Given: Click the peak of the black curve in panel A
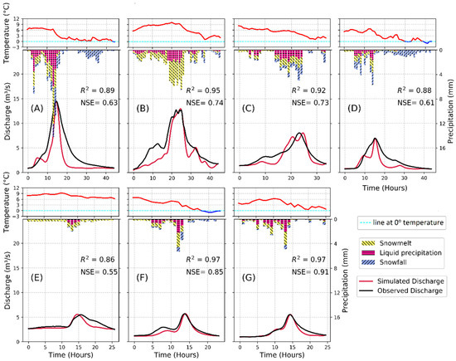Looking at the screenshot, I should coord(56,101).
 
